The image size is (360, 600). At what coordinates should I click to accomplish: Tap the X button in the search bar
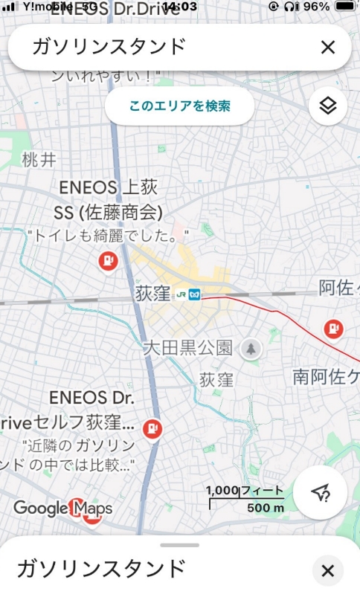click(328, 48)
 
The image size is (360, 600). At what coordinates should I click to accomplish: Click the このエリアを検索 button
click(179, 106)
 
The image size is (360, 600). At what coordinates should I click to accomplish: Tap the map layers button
click(327, 106)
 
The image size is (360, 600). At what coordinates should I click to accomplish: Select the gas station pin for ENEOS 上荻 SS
click(109, 260)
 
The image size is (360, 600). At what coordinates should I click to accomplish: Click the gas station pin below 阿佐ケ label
click(334, 327)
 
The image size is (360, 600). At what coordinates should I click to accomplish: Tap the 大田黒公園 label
click(187, 347)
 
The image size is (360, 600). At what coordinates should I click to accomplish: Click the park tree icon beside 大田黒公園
click(251, 347)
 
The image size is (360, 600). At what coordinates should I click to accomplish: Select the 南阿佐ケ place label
click(326, 376)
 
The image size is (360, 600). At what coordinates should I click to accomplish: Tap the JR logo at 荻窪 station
click(181, 294)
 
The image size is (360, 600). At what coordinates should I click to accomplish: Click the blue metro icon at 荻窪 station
click(195, 294)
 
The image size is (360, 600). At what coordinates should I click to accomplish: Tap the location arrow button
click(320, 492)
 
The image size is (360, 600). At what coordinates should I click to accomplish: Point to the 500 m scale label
click(266, 508)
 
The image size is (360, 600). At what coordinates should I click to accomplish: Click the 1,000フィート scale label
click(245, 491)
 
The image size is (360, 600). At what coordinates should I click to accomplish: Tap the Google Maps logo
click(62, 509)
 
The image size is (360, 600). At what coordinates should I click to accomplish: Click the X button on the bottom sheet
click(327, 571)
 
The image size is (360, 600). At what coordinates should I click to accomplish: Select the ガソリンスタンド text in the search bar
click(108, 47)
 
